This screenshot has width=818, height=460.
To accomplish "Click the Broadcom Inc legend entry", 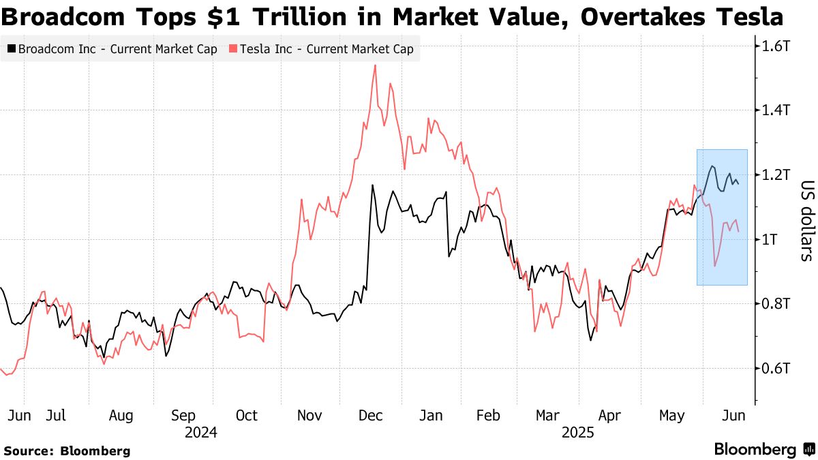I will click(112, 49).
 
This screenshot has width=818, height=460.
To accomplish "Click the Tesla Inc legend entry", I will click(321, 49).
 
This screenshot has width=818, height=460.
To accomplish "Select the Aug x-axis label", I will click(121, 416).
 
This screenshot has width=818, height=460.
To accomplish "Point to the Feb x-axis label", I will click(488, 416).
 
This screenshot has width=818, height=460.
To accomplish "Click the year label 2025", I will click(578, 433).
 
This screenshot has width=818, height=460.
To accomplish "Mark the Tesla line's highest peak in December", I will click(376, 65).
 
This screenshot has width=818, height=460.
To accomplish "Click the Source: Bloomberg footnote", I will click(67, 450).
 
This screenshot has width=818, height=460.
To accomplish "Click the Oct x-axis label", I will click(247, 416).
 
